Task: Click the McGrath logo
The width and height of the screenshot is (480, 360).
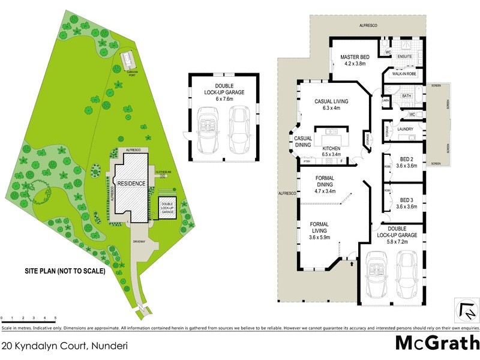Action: pyautogui.click(x=437, y=343)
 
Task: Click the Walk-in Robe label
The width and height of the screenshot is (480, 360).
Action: pyautogui.click(x=404, y=74)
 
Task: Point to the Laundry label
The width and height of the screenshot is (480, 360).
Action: pyautogui.click(x=404, y=128)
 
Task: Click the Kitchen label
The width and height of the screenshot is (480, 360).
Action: pyautogui.click(x=332, y=148)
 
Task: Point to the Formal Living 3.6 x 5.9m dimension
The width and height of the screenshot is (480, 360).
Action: pyautogui.click(x=319, y=237)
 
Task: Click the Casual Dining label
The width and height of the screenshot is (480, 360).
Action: pyautogui.click(x=302, y=142)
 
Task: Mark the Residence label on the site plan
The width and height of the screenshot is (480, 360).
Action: pyautogui.click(x=131, y=184)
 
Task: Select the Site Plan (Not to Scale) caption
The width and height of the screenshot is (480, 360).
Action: pyautogui.click(x=65, y=271)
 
